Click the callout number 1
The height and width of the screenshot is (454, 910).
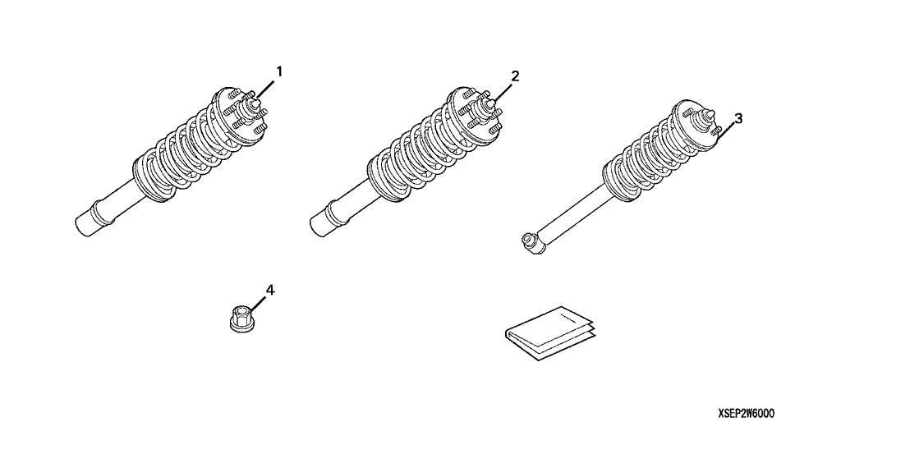278,72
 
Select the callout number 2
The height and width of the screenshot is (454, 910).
515,76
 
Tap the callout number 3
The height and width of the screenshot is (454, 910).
738,118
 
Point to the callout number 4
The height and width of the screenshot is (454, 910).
270,290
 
